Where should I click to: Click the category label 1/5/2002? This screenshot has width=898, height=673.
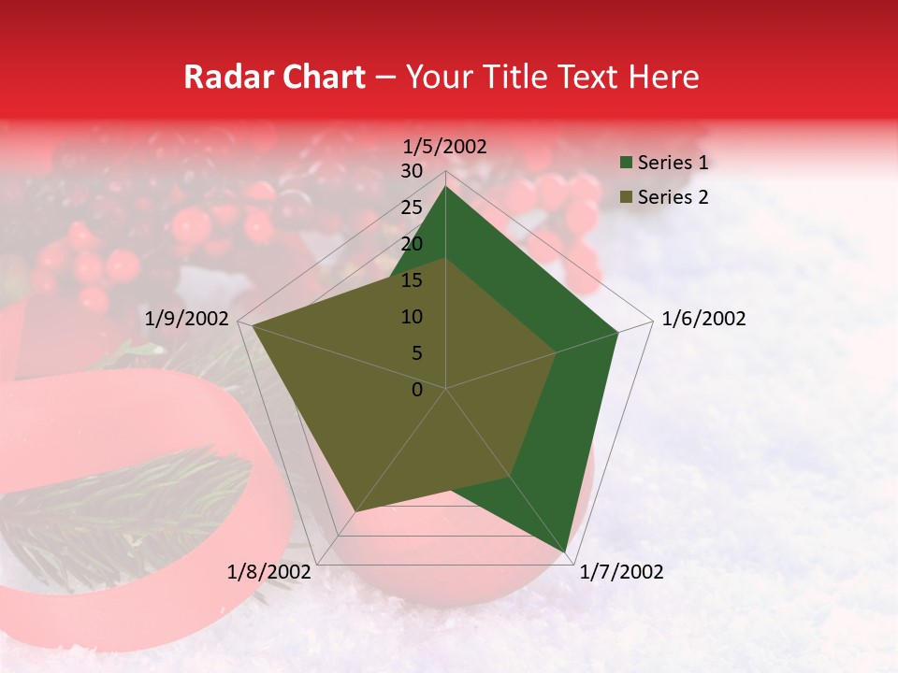[x=445, y=147]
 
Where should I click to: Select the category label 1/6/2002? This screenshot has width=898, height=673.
[x=703, y=320]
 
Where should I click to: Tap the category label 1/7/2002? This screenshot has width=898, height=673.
[x=621, y=572]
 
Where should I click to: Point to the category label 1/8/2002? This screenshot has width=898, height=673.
[x=269, y=572]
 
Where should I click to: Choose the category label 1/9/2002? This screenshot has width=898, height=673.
[x=187, y=320]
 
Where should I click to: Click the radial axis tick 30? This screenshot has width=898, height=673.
[x=412, y=171]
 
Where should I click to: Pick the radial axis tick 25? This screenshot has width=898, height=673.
[x=412, y=208]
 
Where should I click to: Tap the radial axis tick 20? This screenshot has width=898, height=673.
[x=412, y=244]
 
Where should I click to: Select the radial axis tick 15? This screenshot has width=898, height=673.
[x=412, y=280]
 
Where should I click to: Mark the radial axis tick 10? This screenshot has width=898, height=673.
[x=412, y=317]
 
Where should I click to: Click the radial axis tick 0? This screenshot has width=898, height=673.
[x=417, y=390]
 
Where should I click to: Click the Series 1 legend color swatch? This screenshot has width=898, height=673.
[x=625, y=164]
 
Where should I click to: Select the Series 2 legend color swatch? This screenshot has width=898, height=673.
[x=625, y=197]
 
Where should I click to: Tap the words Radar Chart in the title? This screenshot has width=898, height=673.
[x=274, y=78]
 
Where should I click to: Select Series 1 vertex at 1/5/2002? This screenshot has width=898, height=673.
[x=446, y=188]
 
